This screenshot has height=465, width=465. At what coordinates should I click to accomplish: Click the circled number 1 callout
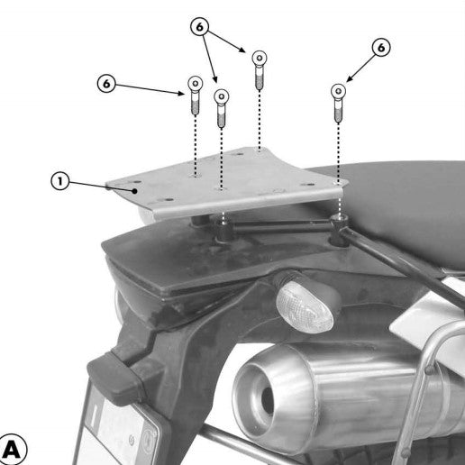pyautogui.click(x=60, y=181)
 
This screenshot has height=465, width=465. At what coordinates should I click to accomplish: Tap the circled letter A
pyautogui.click(x=12, y=450)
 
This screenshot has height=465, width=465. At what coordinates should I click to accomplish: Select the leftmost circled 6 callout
pyautogui.click(x=106, y=84)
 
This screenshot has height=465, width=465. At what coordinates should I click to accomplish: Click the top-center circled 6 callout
pyautogui.click(x=199, y=27)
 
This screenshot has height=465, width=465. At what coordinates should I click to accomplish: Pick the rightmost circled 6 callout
pyautogui.click(x=381, y=48)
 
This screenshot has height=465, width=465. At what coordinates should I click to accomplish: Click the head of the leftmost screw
pyautogui.click(x=195, y=83)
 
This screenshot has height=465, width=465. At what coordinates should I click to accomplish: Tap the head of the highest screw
pyautogui.click(x=260, y=58)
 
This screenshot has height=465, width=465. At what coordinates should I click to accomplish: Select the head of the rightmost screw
pyautogui.click(x=338, y=91)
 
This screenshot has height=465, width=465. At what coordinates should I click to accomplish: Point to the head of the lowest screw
pyautogui.click(x=222, y=96)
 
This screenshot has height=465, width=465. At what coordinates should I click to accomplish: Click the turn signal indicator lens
pyautogui.click(x=305, y=307)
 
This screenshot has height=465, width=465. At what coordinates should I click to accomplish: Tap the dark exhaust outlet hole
pyautogui.click(x=267, y=399)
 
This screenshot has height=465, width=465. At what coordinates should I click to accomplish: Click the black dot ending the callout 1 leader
pyautogui.click(x=135, y=191)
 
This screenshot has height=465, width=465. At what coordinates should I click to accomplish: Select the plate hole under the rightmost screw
pyautogui.click(x=339, y=183)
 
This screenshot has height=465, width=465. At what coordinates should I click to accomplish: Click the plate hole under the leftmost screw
pyautogui.click(x=196, y=176)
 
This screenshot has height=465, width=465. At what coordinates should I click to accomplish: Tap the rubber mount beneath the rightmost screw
pyautogui.click(x=339, y=230)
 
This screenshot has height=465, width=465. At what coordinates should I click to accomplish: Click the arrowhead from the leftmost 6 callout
pyautogui.click(x=181, y=94)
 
